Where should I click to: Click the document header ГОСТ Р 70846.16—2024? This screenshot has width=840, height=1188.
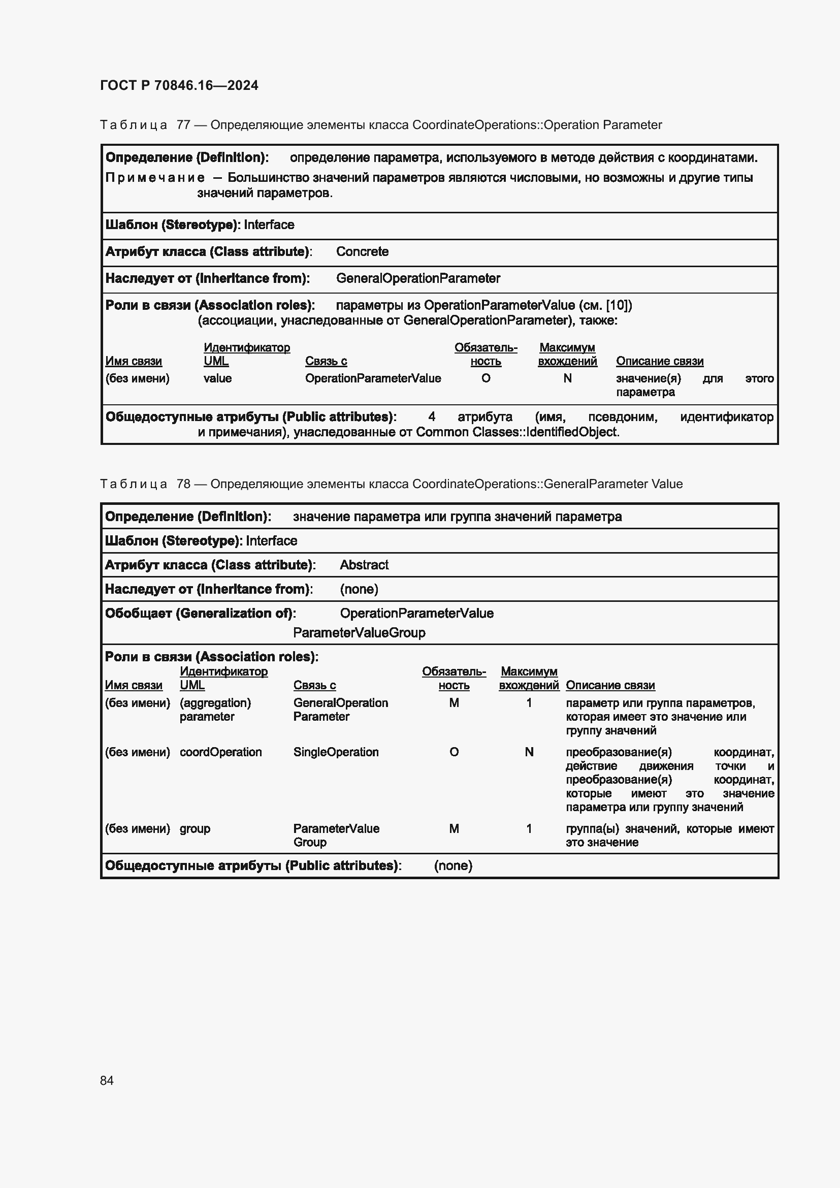tap(179, 85)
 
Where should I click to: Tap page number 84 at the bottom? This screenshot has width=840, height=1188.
tap(107, 1080)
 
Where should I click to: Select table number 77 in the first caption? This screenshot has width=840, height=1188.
tap(184, 125)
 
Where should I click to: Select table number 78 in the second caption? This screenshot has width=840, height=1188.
tap(184, 484)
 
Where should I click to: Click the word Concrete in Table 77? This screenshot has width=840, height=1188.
tap(362, 251)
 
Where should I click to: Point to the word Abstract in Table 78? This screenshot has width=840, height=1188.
tap(364, 564)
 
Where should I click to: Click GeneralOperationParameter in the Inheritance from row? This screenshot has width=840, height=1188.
tap(418, 278)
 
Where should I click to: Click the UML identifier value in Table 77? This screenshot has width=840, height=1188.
tap(217, 378)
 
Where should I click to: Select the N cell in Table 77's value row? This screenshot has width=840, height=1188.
tap(567, 378)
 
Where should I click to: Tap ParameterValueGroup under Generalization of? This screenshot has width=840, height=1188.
tap(359, 632)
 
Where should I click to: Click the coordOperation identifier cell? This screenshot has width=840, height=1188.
tap(220, 752)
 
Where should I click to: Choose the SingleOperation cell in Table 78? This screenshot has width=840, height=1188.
tap(336, 752)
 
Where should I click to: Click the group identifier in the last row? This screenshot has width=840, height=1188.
tap(195, 828)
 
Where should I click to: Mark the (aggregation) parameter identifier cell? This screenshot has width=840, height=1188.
tap(215, 710)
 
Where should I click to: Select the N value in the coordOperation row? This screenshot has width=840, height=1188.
tap(529, 752)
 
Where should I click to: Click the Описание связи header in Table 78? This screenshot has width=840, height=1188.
tap(610, 685)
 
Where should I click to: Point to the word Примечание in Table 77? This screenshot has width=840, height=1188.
tap(155, 178)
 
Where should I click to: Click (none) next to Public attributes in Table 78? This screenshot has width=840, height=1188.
tap(453, 865)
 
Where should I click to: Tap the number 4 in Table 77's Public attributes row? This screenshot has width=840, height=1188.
tap(431, 417)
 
